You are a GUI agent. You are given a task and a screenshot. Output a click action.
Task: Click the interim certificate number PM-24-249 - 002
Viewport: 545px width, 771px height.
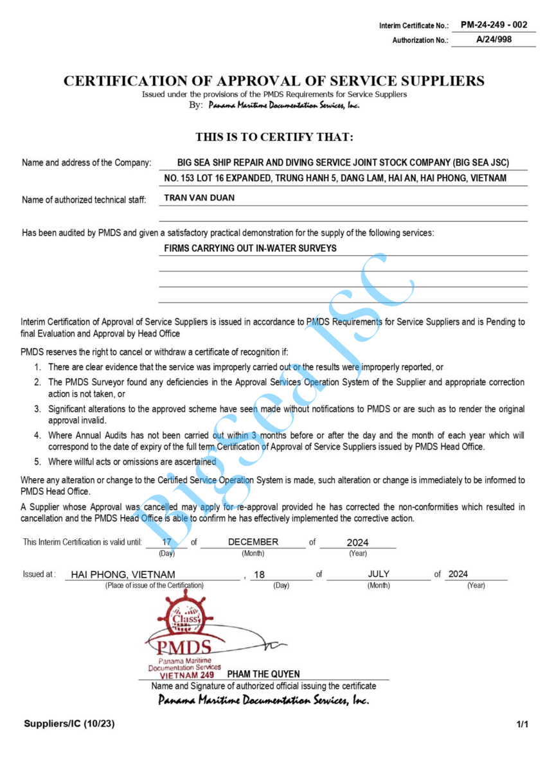pos(494,25)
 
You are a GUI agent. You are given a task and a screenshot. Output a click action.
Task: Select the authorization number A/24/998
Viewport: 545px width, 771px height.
pos(494,40)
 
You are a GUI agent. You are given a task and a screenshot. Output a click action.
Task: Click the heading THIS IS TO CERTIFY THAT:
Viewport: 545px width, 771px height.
pos(274,137)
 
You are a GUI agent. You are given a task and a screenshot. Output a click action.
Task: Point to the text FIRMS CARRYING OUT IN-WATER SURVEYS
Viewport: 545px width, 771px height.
pos(251,248)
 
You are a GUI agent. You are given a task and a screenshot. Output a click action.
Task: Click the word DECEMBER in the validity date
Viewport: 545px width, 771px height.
pos(253,542)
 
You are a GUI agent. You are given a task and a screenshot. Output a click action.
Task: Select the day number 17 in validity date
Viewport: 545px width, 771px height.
pos(167,542)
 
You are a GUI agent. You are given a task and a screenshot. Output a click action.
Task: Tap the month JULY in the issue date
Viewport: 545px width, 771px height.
pos(379,574)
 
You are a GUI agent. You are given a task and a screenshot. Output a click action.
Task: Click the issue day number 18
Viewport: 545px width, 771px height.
pos(259,574)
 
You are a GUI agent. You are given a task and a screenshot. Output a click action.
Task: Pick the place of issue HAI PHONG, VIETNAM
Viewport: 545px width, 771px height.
pos(123,574)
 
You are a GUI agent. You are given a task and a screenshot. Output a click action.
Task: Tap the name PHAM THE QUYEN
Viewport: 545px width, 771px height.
pos(264,674)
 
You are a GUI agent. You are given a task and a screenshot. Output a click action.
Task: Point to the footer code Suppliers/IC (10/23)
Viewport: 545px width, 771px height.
pos(69,724)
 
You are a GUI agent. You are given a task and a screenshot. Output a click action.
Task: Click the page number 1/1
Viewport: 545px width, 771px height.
pos(522,725)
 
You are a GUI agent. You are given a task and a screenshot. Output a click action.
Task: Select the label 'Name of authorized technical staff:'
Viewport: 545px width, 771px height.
pos(84,200)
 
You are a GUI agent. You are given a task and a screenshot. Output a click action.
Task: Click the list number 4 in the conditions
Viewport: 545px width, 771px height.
pos(38,435)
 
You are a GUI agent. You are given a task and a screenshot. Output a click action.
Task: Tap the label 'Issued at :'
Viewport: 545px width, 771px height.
pos(39,574)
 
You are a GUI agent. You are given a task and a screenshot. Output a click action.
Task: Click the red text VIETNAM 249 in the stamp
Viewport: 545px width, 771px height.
pos(187,675)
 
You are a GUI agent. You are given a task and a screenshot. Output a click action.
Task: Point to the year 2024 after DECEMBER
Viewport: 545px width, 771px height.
pos(357,542)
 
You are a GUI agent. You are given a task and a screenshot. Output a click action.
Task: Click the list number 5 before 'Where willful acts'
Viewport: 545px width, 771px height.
pos(38,461)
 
